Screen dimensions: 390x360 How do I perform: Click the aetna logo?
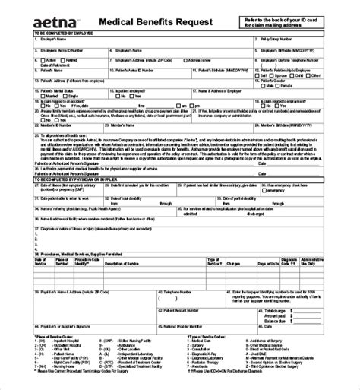click(40, 17)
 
